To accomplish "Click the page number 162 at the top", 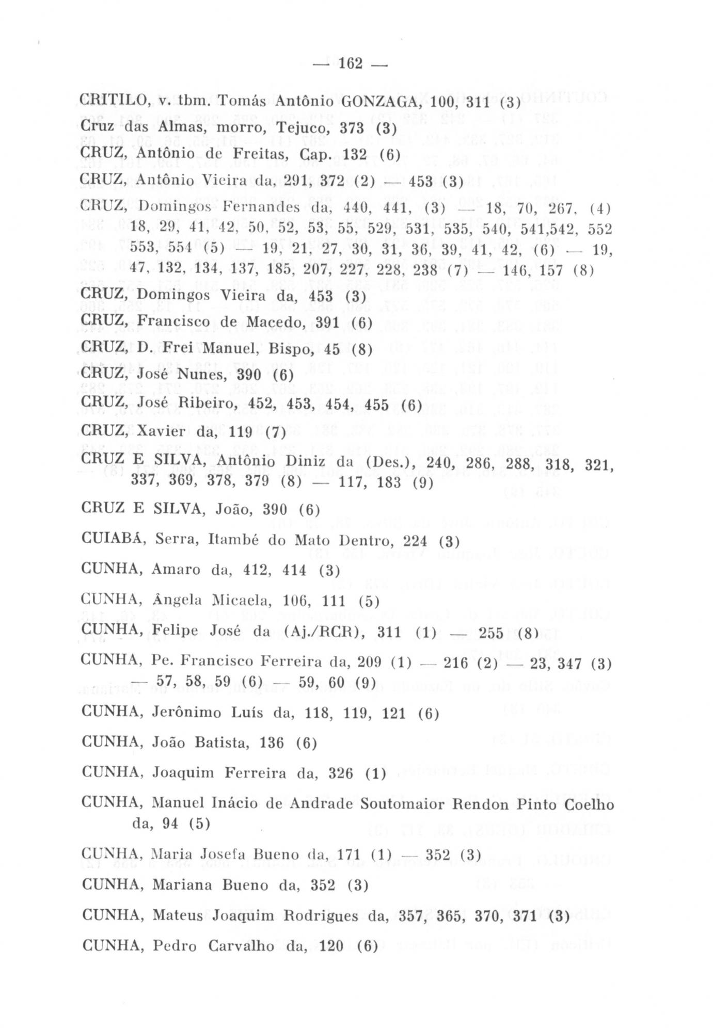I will click(x=352, y=64).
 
